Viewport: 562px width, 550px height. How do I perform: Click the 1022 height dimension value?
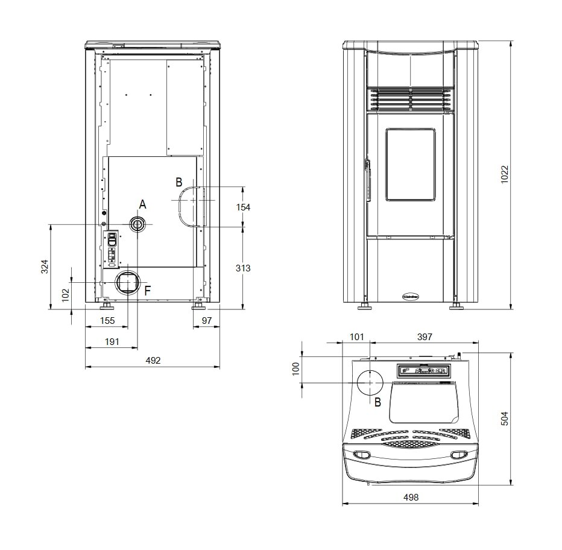[x=505, y=175]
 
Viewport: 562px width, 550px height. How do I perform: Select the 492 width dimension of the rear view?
[x=154, y=361]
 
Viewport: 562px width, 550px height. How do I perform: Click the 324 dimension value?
[x=44, y=266]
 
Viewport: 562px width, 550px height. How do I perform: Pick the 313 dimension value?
[x=242, y=268]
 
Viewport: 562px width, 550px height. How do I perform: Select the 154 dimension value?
[x=242, y=207]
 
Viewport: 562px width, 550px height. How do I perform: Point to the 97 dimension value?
[x=206, y=321]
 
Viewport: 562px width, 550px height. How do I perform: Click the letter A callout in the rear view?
[x=143, y=204]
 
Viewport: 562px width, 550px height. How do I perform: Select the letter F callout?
[x=148, y=290]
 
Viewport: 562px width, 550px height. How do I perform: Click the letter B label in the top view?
[x=377, y=402]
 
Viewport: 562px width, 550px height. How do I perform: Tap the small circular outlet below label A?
[x=137, y=224]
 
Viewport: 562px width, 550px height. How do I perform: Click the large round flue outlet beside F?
[x=128, y=282]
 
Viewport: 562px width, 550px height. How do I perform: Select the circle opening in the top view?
[x=368, y=383]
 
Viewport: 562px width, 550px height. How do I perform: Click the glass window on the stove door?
[x=410, y=164]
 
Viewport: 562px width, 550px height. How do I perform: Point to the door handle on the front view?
[x=366, y=178]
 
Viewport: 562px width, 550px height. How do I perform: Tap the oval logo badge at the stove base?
[x=410, y=296]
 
